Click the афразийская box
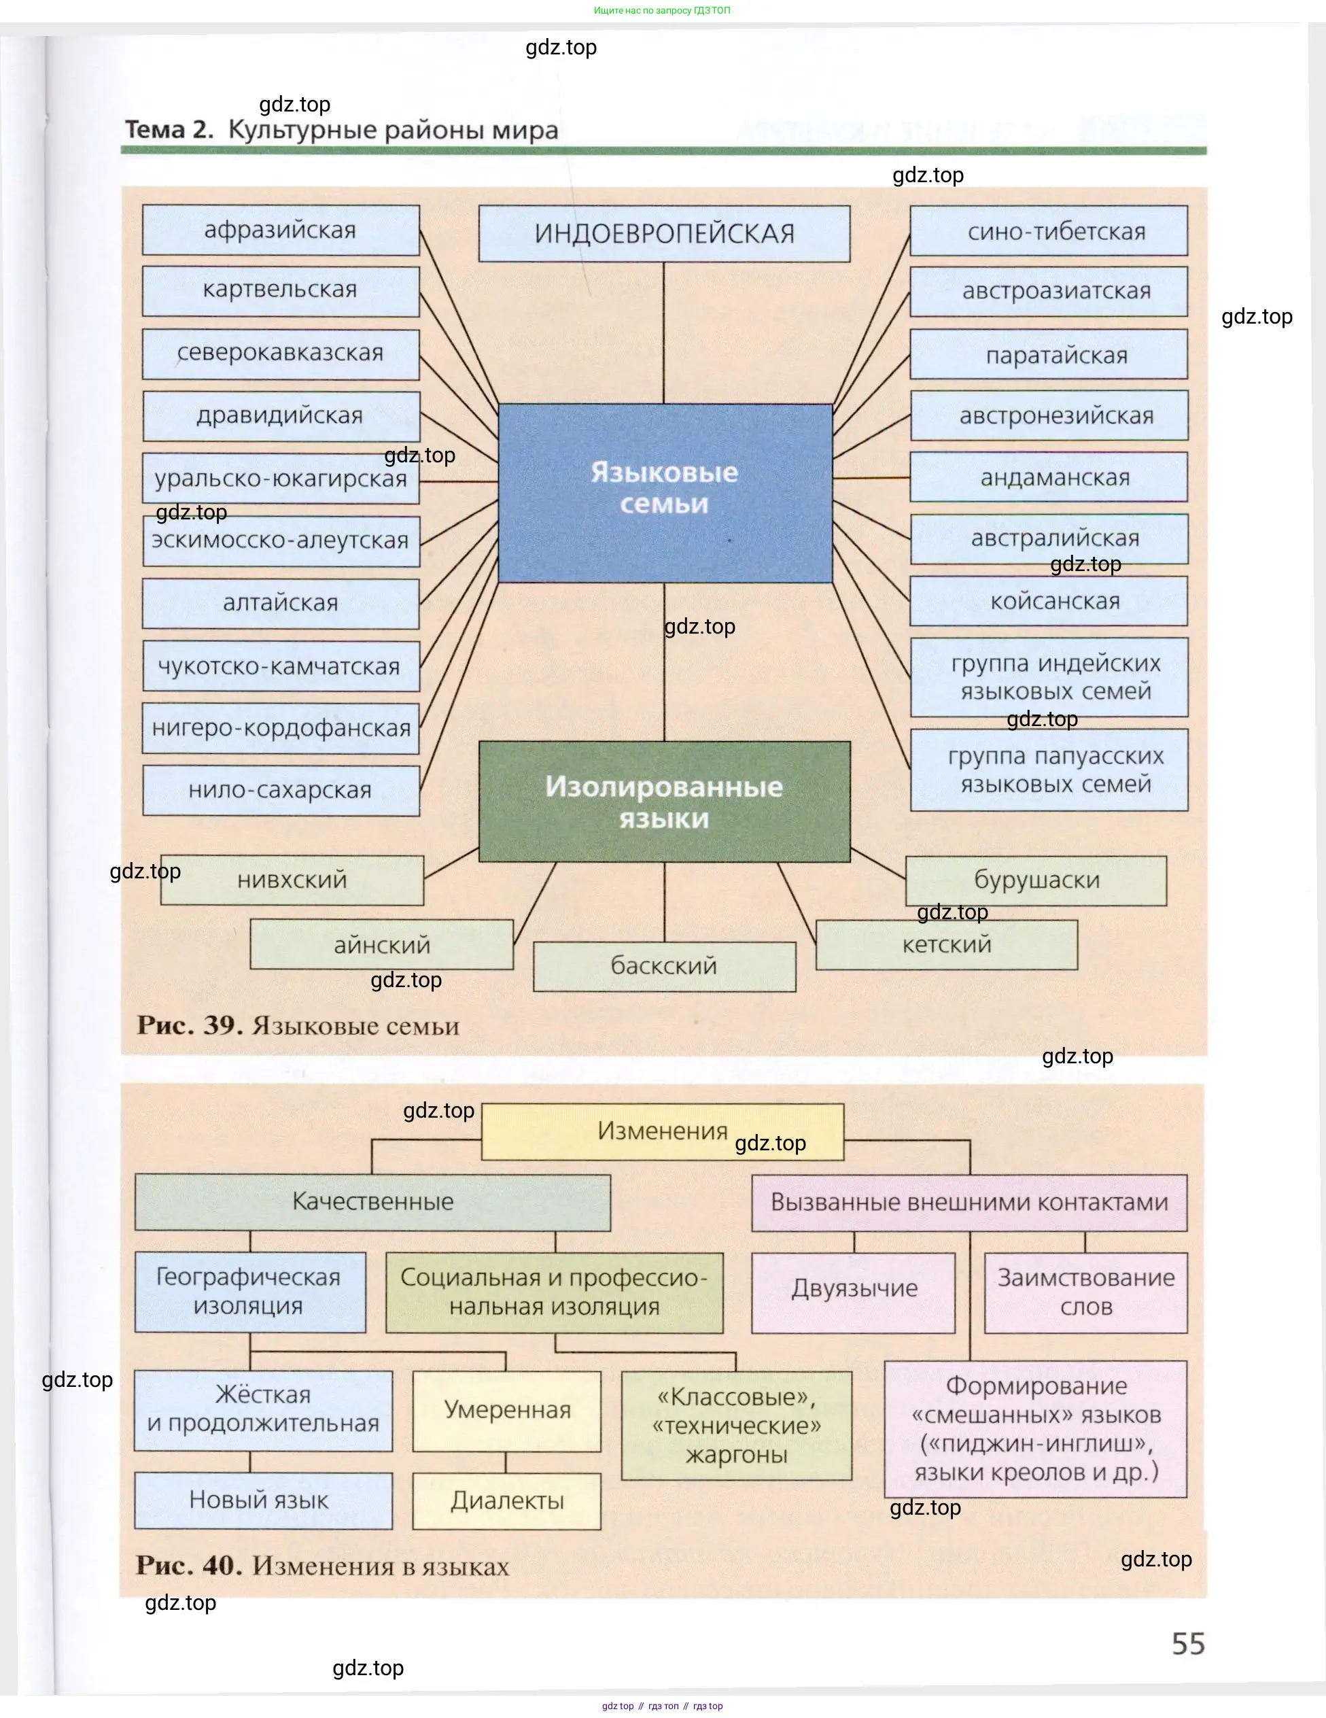[281, 230]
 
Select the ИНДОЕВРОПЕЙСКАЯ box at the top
[664, 234]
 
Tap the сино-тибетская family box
[1049, 231]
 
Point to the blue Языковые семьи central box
[665, 493]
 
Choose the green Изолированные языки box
[665, 802]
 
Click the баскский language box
[665, 966]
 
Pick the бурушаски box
[1036, 880]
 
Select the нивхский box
[292, 880]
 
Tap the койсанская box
[1049, 601]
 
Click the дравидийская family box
[281, 415]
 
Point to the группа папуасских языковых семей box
[1049, 770]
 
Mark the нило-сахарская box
[281, 790]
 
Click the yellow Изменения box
[662, 1131]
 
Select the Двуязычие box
[854, 1288]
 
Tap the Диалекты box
[506, 1501]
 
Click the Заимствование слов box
[1085, 1292]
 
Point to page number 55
[1187, 1643]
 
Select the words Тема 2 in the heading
[169, 130]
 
